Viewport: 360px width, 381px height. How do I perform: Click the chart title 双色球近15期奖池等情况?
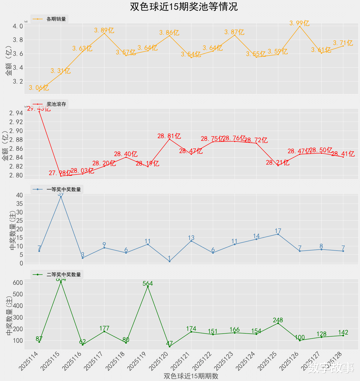pos(184,7)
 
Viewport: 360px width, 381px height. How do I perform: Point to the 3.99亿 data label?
pos(299,23)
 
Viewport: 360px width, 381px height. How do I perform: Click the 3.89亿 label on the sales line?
pos(104,30)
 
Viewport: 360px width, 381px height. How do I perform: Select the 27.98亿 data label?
pos(61,173)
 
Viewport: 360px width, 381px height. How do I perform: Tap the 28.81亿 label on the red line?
pos(169,136)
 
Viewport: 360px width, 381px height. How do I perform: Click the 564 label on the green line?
pos(148,284)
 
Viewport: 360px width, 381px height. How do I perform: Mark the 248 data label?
pos(278,320)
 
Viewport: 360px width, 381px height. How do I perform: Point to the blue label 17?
pos(278,231)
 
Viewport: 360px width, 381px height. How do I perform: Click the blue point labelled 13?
pos(191,241)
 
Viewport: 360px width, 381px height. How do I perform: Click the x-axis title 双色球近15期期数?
pos(191,376)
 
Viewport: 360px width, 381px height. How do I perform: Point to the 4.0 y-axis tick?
pos(18,26)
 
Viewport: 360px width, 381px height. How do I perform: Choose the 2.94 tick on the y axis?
pos(16,113)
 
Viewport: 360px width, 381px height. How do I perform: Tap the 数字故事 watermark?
pos(331,368)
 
